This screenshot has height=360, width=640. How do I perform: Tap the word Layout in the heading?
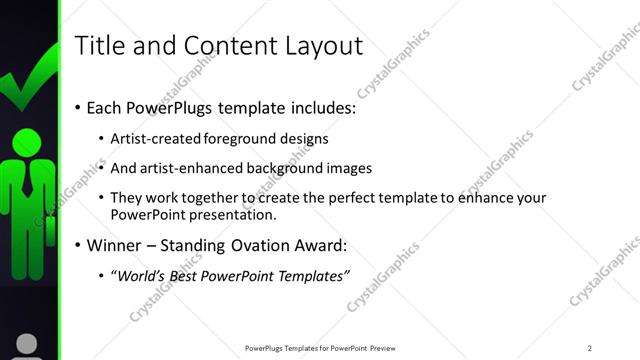[x=320, y=45]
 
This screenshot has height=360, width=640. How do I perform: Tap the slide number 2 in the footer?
[x=589, y=348]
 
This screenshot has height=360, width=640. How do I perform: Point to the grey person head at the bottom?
[x=28, y=345]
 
